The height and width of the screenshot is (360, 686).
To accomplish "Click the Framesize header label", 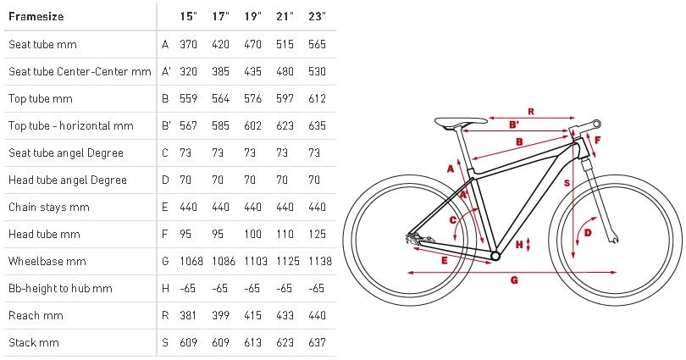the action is pos(36,17).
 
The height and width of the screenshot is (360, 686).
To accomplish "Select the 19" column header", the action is pos(253,17).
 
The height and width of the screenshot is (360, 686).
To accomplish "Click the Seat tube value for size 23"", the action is pos(317,44).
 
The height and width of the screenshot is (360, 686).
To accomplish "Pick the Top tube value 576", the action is pos(253,98).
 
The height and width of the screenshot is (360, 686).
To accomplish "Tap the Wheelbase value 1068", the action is pos(191,261).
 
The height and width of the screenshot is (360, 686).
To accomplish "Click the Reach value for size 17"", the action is pos(220,315).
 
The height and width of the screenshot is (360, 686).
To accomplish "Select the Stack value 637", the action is pos(317,342).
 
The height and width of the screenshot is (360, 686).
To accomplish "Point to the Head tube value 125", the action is pos(317,234).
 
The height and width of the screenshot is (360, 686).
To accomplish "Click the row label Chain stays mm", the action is pos(48,207).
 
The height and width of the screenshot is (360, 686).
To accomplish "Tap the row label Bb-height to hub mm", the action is pos(60,288).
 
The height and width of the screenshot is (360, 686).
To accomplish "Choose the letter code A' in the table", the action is pos(166,71).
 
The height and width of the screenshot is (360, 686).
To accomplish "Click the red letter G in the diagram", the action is pos(515,280).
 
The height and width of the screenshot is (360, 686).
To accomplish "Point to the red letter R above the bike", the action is pos(531,112).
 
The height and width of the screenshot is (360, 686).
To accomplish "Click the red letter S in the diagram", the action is pos(567,183).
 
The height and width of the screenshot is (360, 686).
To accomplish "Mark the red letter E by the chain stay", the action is pos(445,261).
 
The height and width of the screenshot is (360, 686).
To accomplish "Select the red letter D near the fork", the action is pos(588,233).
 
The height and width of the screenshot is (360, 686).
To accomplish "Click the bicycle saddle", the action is pos(461,122).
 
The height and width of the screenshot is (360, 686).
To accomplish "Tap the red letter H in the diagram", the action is pos(519,244).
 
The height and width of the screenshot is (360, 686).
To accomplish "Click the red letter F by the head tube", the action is pos(597,141).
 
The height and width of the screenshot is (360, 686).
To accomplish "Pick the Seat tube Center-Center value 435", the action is pos(253,71).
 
